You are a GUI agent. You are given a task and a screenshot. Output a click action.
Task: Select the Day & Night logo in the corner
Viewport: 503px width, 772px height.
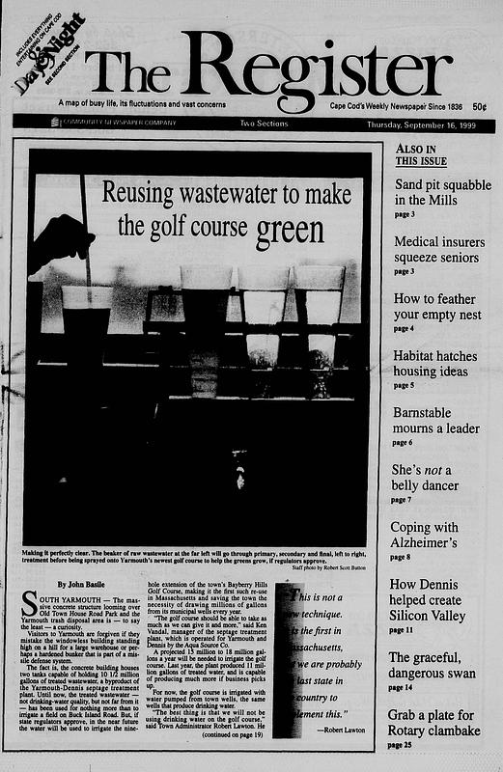point(48,63)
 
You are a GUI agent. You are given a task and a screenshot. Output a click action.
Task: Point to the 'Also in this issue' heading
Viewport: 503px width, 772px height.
point(415,154)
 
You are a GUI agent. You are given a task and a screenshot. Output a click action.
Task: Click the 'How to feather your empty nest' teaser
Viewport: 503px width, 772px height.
point(436,306)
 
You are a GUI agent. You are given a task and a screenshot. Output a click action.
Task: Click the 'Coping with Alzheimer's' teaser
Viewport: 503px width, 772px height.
point(425,536)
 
